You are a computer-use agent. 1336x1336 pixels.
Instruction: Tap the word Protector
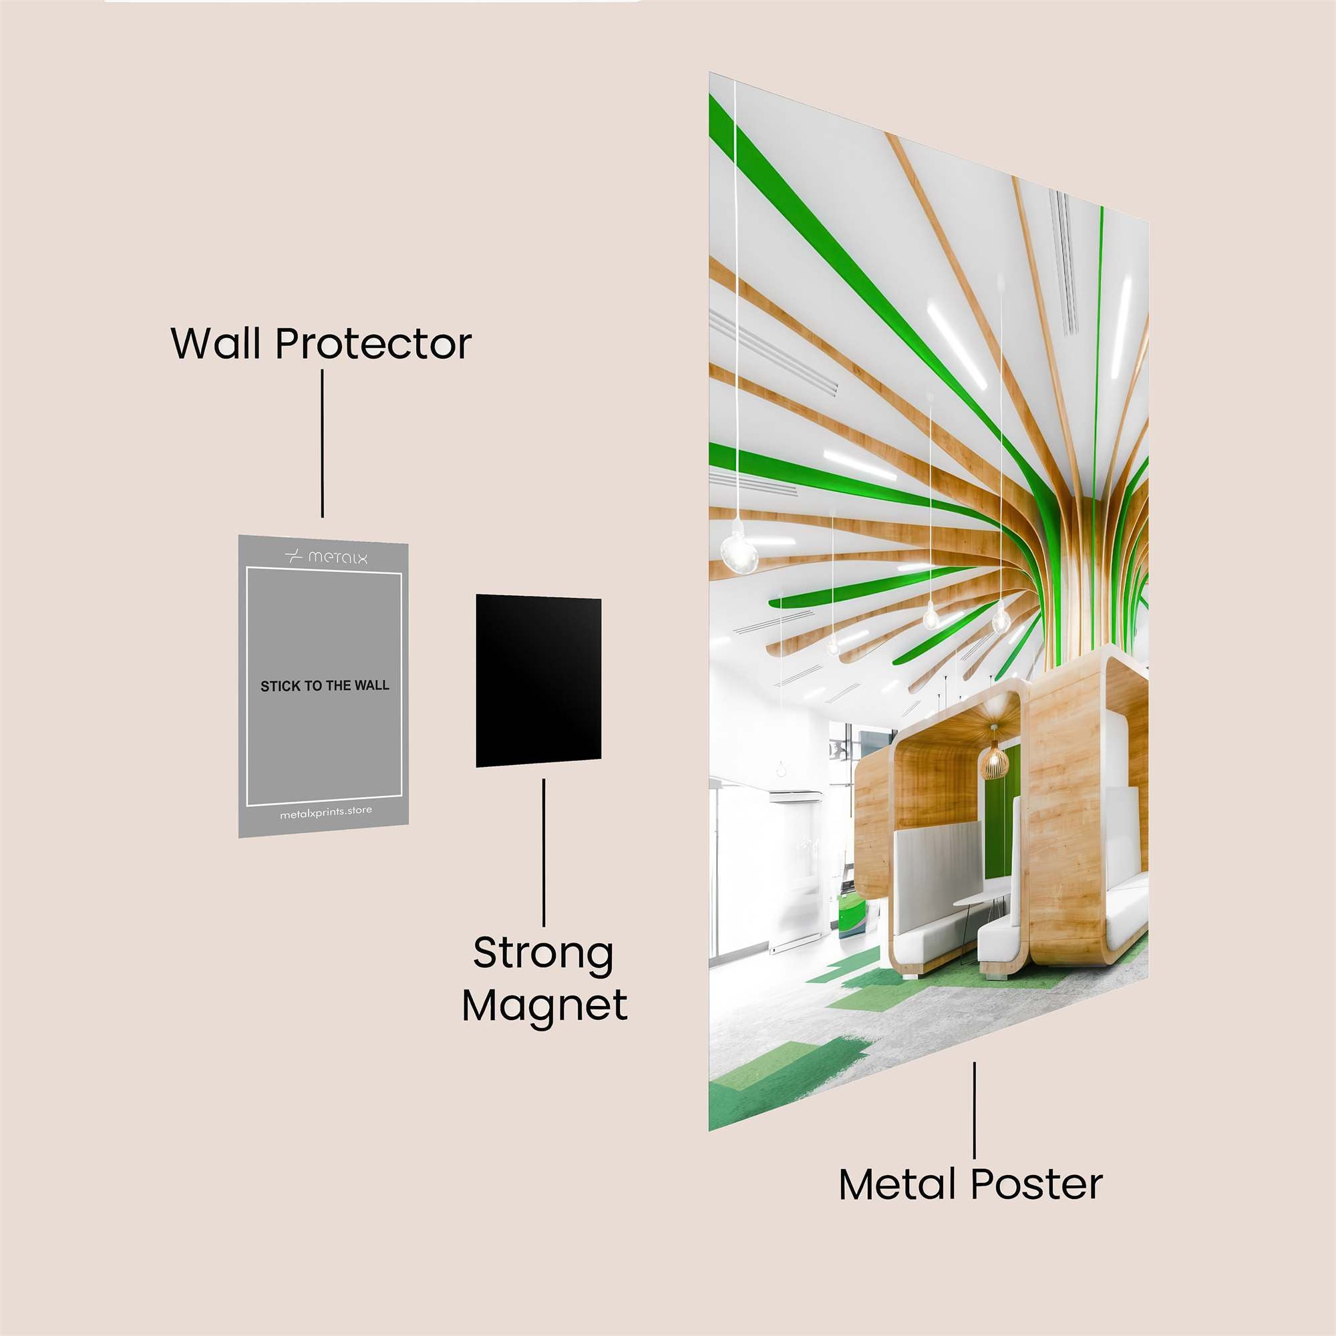(373, 343)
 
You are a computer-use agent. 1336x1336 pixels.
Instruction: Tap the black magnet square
(538, 681)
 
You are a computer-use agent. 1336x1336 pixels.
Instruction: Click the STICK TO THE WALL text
(325, 686)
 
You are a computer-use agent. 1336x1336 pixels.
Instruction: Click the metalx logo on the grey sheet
(326, 556)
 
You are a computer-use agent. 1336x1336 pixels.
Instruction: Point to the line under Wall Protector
(322, 444)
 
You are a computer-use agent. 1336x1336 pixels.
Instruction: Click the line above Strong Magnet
(544, 852)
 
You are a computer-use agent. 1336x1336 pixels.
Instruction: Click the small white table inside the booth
(983, 899)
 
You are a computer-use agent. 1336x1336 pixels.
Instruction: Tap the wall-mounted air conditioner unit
(796, 796)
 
